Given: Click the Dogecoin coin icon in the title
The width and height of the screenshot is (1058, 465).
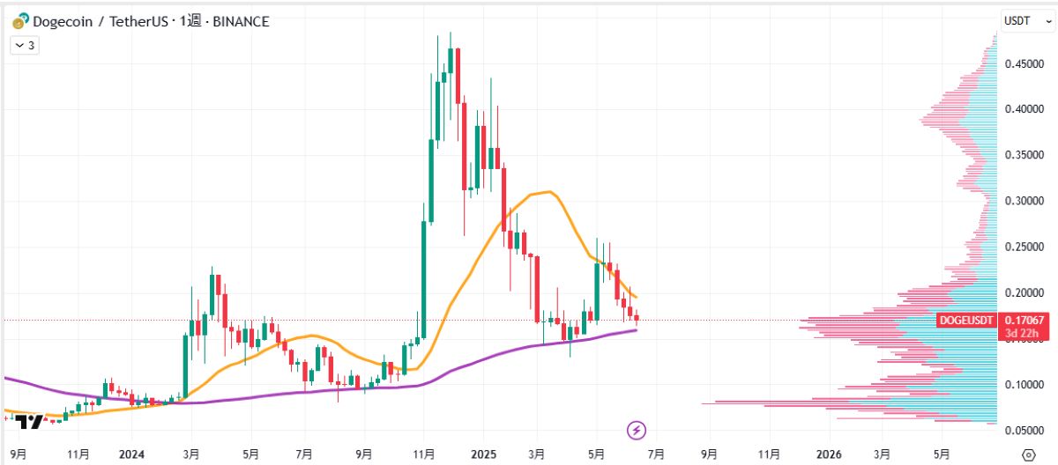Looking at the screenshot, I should pos(19,20).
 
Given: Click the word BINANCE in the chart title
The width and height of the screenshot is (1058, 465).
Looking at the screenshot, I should pos(238,20).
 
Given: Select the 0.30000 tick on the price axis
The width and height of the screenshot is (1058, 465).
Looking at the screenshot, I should pos(1025,201).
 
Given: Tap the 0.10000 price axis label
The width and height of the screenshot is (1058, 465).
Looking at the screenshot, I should pos(1025,385).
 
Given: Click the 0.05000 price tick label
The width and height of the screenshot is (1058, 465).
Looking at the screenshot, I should pos(1025,431).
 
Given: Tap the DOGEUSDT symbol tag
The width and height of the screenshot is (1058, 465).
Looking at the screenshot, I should pos(967,321).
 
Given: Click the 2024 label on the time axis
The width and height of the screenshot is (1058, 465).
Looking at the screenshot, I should pos(131,454).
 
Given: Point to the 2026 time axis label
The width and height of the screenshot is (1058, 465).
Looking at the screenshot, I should pos(830,454).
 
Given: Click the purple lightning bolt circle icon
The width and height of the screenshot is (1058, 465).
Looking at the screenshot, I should pos(637,431).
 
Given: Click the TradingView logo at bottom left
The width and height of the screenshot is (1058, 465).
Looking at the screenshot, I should pos(30,422).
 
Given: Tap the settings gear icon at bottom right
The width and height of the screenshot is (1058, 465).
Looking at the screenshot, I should pos(1027,454).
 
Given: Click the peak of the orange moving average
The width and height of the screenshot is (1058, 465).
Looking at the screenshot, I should pos(548,191).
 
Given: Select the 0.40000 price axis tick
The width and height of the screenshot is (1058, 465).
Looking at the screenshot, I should pos(1025,109).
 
